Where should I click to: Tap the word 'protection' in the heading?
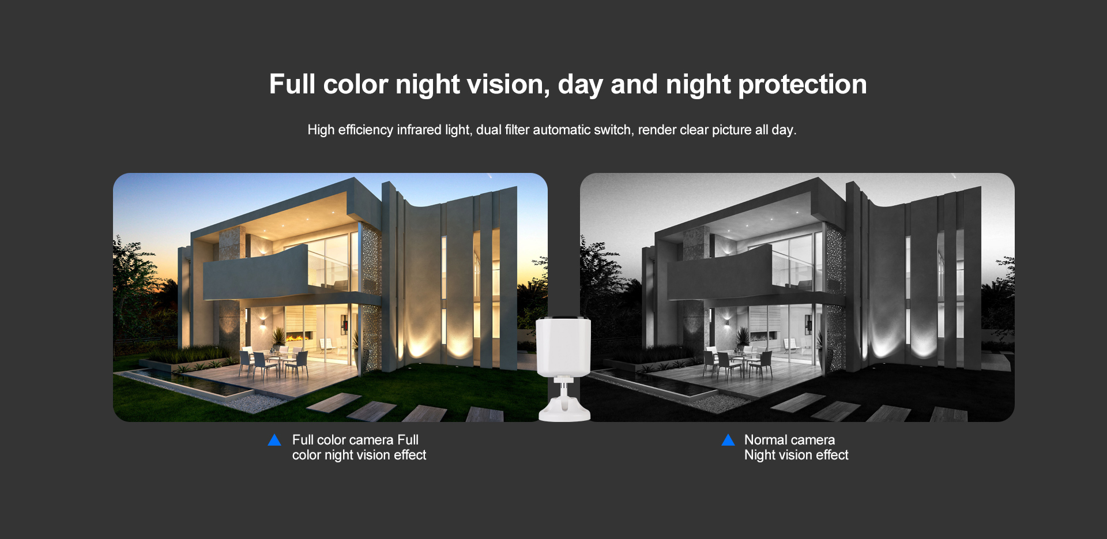(803, 85)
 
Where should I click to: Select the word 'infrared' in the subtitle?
(419, 130)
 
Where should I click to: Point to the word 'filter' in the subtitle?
(517, 130)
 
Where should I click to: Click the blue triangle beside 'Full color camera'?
(274, 440)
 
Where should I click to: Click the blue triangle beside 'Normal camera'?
(728, 440)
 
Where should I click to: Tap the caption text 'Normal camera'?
(789, 440)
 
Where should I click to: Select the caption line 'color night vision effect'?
(359, 455)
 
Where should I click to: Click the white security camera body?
(563, 346)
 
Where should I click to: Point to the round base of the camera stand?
(564, 412)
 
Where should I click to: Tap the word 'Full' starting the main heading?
(292, 84)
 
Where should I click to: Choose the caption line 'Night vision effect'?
(796, 455)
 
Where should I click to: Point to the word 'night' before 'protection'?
(699, 85)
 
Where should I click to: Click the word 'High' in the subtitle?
(321, 130)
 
